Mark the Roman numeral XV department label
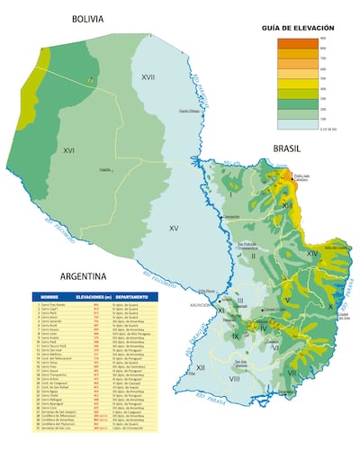(x=174, y=229)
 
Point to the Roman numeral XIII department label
(x=287, y=206)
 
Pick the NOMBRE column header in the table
(x=49, y=296)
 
